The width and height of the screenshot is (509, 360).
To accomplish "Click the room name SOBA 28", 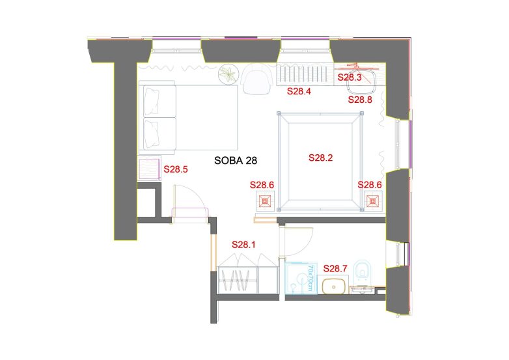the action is coord(236,160).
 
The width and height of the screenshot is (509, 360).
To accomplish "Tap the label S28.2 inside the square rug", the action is coord(320,158).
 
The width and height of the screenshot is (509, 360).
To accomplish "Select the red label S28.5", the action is coord(176,169).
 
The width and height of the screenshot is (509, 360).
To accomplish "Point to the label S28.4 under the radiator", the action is coord(299,91).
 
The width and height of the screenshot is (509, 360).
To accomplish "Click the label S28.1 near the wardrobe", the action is coord(243,244).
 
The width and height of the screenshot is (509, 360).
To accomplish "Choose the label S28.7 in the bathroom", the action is coord(335,268).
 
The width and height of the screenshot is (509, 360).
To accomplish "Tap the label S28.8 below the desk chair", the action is coord(360,100).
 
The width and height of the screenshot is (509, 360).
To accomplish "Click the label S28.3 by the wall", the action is coord(350,77).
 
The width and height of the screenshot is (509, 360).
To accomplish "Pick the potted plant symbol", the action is coord(228,74).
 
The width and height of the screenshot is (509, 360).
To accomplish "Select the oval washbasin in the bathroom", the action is coord(333,286).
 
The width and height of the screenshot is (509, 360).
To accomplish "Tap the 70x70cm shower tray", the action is coord(301,278).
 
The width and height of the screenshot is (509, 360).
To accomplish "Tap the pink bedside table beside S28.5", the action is coord(149,168).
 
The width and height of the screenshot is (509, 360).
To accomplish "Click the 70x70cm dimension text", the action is coord(310,278).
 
